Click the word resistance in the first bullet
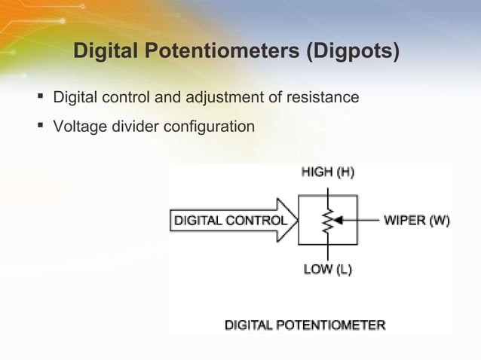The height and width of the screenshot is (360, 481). (x=320, y=98)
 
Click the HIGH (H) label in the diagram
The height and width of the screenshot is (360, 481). (x=328, y=172)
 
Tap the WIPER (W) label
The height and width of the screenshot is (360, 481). (x=417, y=221)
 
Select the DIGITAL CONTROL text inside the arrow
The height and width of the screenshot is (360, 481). (x=231, y=221)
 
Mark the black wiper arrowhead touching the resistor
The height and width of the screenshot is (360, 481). (x=337, y=221)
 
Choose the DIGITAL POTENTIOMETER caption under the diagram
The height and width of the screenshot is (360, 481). (x=305, y=326)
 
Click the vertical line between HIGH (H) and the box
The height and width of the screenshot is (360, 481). (x=328, y=188)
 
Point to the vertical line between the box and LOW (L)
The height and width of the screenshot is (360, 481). (x=328, y=253)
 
